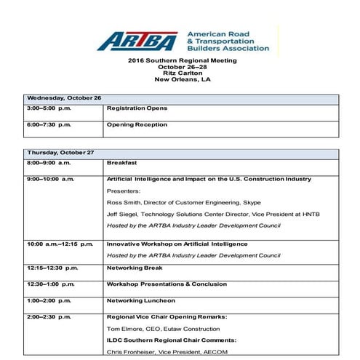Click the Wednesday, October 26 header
[x=64, y=97]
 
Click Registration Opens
[x=137, y=108]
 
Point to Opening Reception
[x=137, y=124]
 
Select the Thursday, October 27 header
[x=61, y=153]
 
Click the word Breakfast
[x=121, y=163]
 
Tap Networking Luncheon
[x=140, y=300]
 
